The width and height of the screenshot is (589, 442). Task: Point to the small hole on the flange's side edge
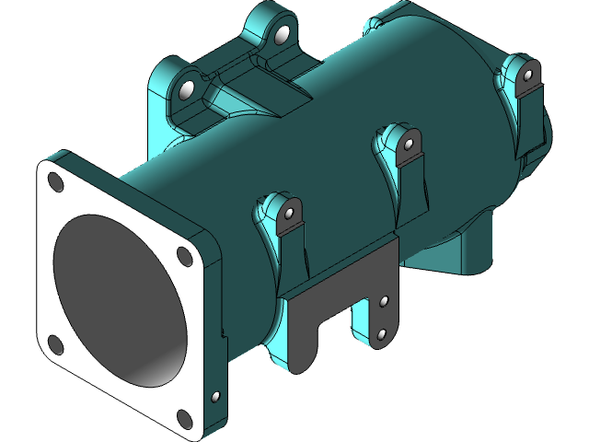216,397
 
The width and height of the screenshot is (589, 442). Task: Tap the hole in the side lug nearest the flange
289,215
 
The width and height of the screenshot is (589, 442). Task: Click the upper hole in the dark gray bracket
384,301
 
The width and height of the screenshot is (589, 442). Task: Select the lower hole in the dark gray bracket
381,334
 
